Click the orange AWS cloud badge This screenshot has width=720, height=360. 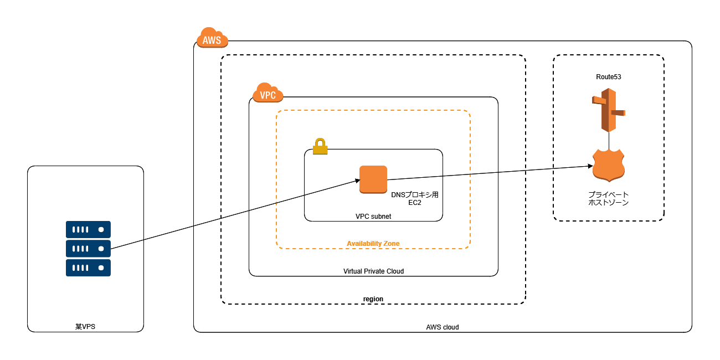[212, 38]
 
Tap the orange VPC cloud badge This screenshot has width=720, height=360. [268, 93]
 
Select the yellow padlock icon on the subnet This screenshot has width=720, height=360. [320, 147]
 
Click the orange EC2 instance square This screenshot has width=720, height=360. [373, 179]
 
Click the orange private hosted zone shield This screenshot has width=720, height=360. [609, 165]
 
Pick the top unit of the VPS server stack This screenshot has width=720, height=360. [88, 229]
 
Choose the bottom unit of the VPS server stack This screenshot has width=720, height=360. [88, 268]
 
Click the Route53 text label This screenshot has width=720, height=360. [609, 77]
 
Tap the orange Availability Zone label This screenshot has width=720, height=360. [373, 244]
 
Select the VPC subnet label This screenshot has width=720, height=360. [373, 217]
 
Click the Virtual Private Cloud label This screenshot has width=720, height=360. [373, 271]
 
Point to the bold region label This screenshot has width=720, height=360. [373, 299]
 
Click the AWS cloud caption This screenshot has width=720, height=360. [442, 327]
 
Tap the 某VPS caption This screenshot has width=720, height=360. [85, 327]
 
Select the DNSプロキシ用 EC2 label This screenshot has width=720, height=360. [415, 199]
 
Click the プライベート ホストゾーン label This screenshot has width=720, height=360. [609, 199]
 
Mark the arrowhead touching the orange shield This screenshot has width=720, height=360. [589, 166]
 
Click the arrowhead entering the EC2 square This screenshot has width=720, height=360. [357, 179]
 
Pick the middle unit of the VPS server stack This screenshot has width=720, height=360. [88, 249]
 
